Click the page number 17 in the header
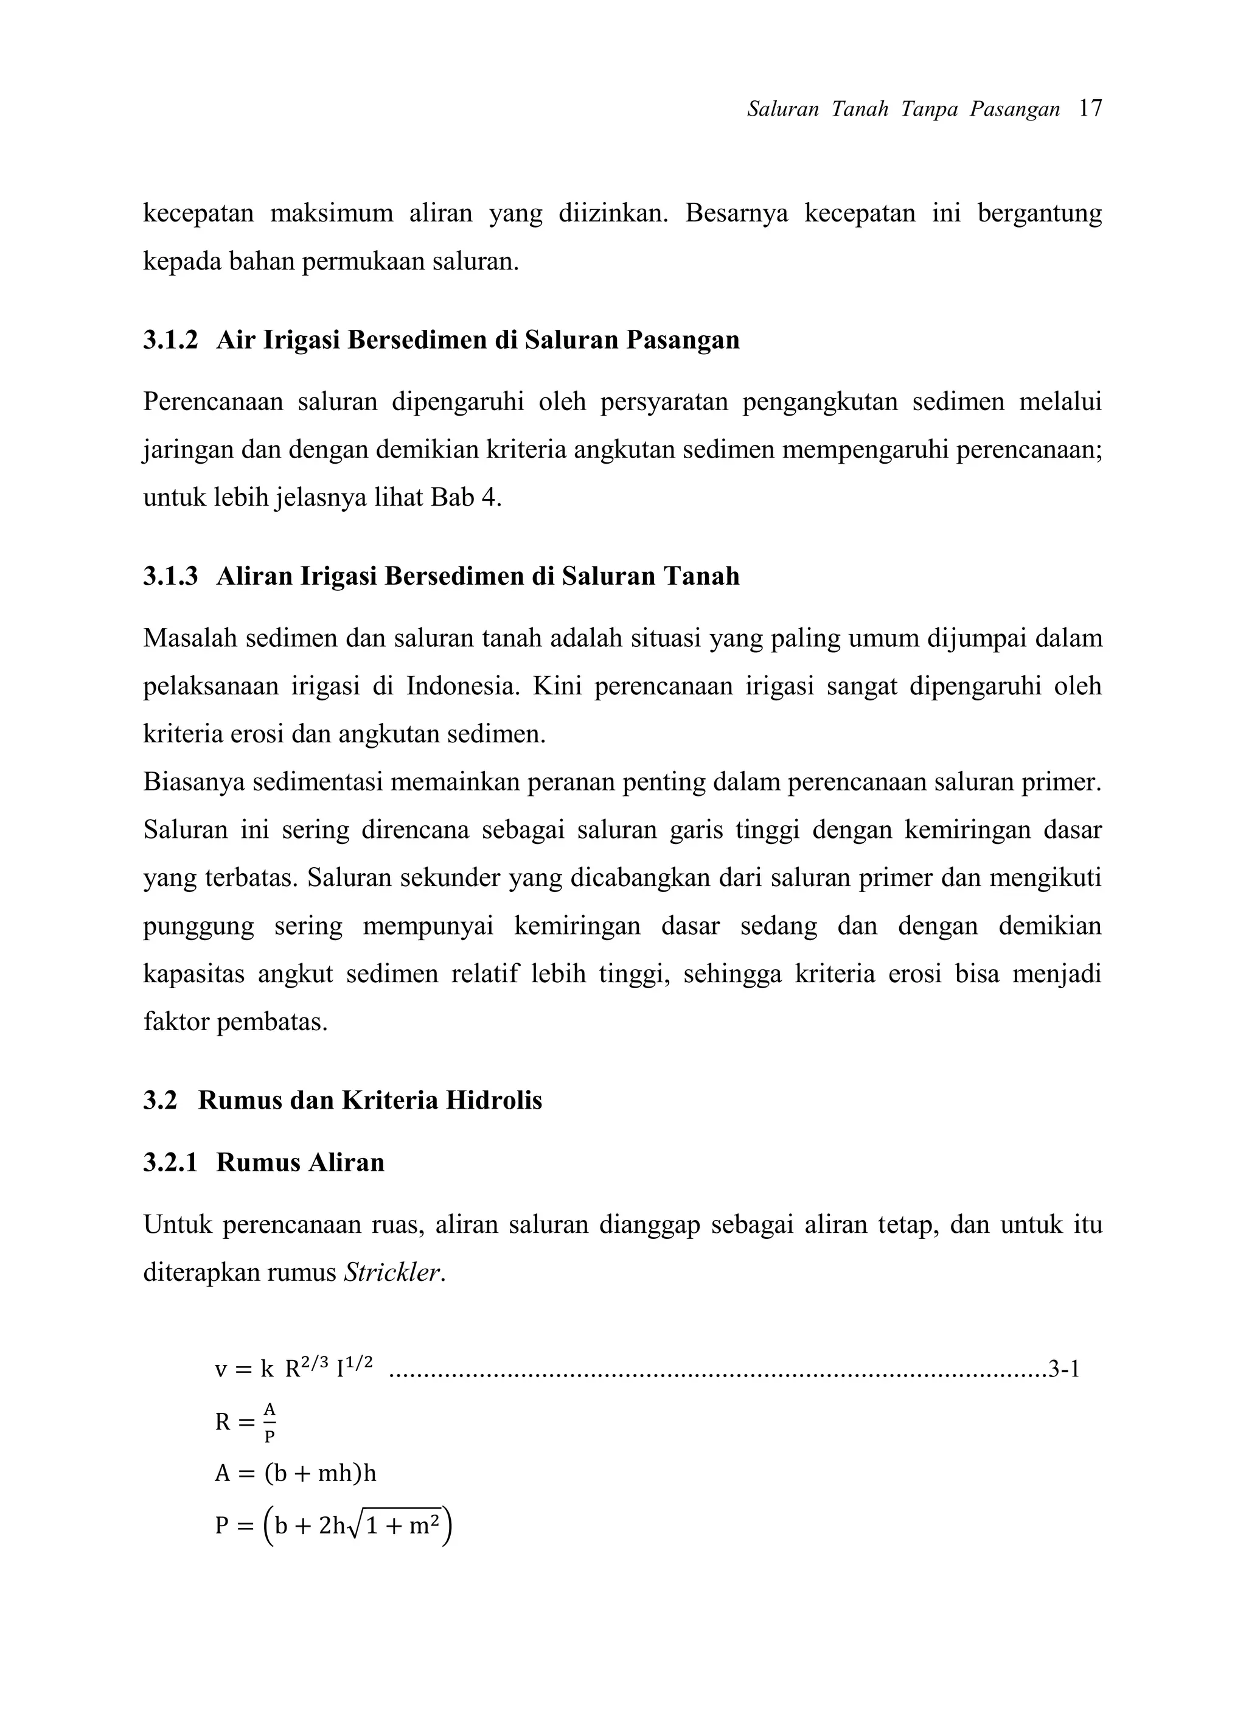(x=1090, y=109)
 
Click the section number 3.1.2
(x=170, y=340)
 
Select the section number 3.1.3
(x=170, y=576)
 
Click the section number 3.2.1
(x=170, y=1163)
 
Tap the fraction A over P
(x=270, y=1422)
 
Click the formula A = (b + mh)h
(x=296, y=1473)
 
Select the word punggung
(x=198, y=927)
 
